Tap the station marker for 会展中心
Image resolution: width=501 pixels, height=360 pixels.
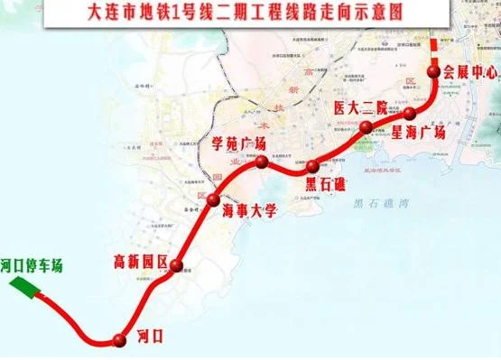click(x=434, y=73)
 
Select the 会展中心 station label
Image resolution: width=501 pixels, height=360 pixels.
click(x=469, y=72)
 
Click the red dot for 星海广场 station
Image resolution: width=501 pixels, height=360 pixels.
click(x=410, y=113)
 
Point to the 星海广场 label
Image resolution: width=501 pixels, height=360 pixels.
click(x=419, y=132)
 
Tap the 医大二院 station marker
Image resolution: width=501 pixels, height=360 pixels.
click(x=367, y=128)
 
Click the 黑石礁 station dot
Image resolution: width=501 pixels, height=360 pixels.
click(x=312, y=166)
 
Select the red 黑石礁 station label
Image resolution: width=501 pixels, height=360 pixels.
click(x=318, y=185)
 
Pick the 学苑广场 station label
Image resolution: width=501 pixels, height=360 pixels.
click(x=238, y=144)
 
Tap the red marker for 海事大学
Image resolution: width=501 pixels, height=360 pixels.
click(x=214, y=199)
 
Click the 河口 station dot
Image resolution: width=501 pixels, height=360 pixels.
click(x=117, y=339)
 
